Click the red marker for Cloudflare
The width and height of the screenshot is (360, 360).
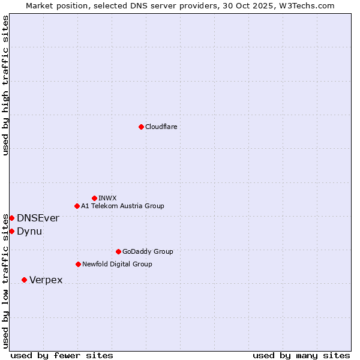click(141, 127)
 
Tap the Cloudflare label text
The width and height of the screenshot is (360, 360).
click(161, 127)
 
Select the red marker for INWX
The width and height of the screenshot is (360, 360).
click(94, 198)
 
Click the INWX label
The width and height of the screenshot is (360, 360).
click(108, 198)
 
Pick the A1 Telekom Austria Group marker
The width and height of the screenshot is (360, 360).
click(77, 206)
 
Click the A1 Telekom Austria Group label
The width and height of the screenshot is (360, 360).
click(122, 206)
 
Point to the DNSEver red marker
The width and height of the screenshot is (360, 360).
click(11, 218)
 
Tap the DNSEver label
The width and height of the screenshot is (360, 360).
click(38, 218)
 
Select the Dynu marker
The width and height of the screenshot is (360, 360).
click(11, 231)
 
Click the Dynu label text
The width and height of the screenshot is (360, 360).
click(29, 231)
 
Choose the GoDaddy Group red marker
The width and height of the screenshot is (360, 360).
click(118, 251)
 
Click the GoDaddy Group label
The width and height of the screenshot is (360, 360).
click(148, 251)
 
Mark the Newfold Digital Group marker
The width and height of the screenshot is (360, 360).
click(78, 264)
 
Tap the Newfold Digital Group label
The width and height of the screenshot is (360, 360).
click(117, 264)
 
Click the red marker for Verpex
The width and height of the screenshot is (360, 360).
click(24, 280)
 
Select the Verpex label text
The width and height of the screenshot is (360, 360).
click(46, 280)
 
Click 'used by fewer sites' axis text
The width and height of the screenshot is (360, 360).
click(62, 355)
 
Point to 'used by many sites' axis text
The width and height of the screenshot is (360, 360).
click(301, 355)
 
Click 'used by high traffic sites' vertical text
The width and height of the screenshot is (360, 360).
click(5, 85)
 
